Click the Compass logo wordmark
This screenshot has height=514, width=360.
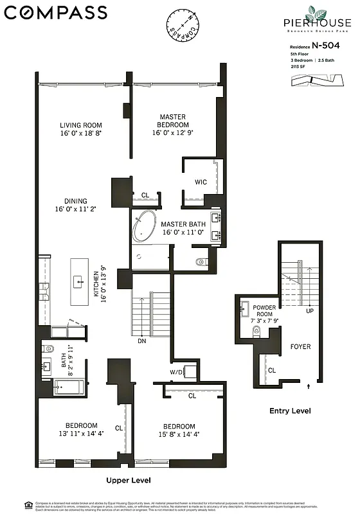[56, 12]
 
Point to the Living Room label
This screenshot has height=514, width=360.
[81, 125]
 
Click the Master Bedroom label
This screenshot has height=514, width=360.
[174, 121]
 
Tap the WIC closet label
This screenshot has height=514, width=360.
[201, 182]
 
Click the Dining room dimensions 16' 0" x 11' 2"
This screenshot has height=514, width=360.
[80, 209]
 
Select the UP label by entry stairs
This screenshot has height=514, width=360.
[309, 311]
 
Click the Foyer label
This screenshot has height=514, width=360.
[300, 347]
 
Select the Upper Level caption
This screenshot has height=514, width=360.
[129, 480]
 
